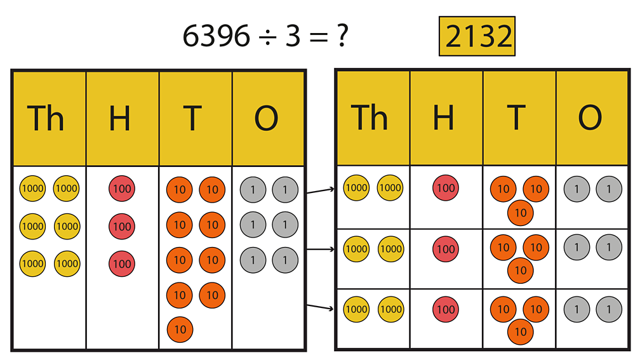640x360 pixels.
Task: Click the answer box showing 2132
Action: coord(477,37)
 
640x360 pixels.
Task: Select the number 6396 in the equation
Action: coord(216,37)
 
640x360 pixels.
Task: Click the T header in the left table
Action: coord(195,118)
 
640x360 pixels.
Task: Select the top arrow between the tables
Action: coord(320,190)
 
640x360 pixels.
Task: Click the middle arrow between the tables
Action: coord(320,250)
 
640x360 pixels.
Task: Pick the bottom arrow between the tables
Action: coord(320,307)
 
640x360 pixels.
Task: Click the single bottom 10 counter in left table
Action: coord(180,330)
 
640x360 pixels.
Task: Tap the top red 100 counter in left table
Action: coord(121,189)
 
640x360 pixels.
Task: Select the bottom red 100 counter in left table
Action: coord(121,263)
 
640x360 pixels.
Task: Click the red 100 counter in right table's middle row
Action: coord(446,249)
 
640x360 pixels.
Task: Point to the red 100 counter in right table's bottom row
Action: coord(446,309)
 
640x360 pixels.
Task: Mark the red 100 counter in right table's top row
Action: coord(446,188)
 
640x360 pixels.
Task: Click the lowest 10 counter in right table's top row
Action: coord(520,213)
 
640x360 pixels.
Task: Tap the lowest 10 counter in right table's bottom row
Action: coord(520,331)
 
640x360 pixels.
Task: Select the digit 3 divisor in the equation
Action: coord(292,37)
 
